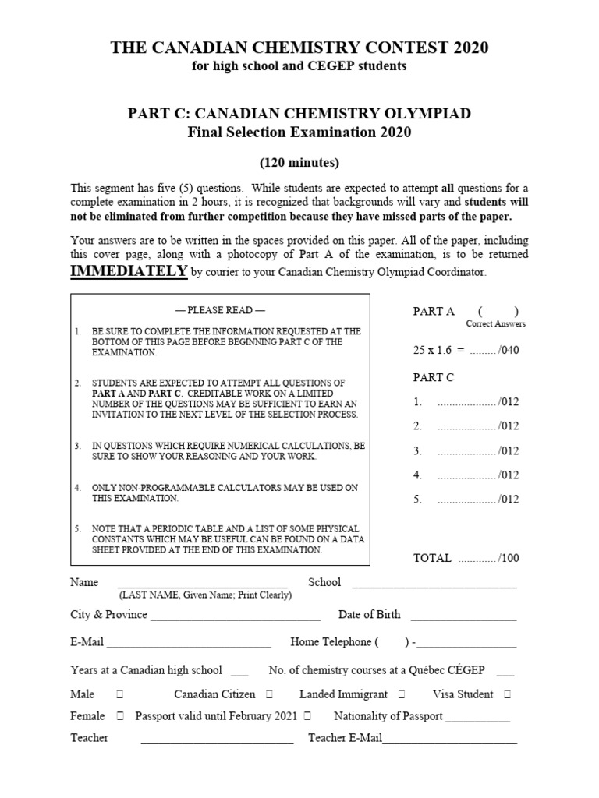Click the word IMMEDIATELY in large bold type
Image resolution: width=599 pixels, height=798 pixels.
point(129,270)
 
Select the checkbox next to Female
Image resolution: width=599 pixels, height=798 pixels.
point(120,715)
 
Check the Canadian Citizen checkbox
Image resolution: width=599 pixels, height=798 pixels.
point(269,694)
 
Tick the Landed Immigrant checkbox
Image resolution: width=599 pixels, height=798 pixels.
point(401,694)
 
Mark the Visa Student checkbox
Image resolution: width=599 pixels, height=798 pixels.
point(508,694)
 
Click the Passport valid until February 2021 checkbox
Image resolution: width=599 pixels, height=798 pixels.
point(308,715)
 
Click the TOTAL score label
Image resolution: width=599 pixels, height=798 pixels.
point(432,558)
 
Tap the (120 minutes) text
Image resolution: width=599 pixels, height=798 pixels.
point(299,163)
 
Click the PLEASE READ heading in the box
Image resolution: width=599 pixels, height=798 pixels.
point(221,310)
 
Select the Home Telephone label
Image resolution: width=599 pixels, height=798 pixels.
point(330,642)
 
